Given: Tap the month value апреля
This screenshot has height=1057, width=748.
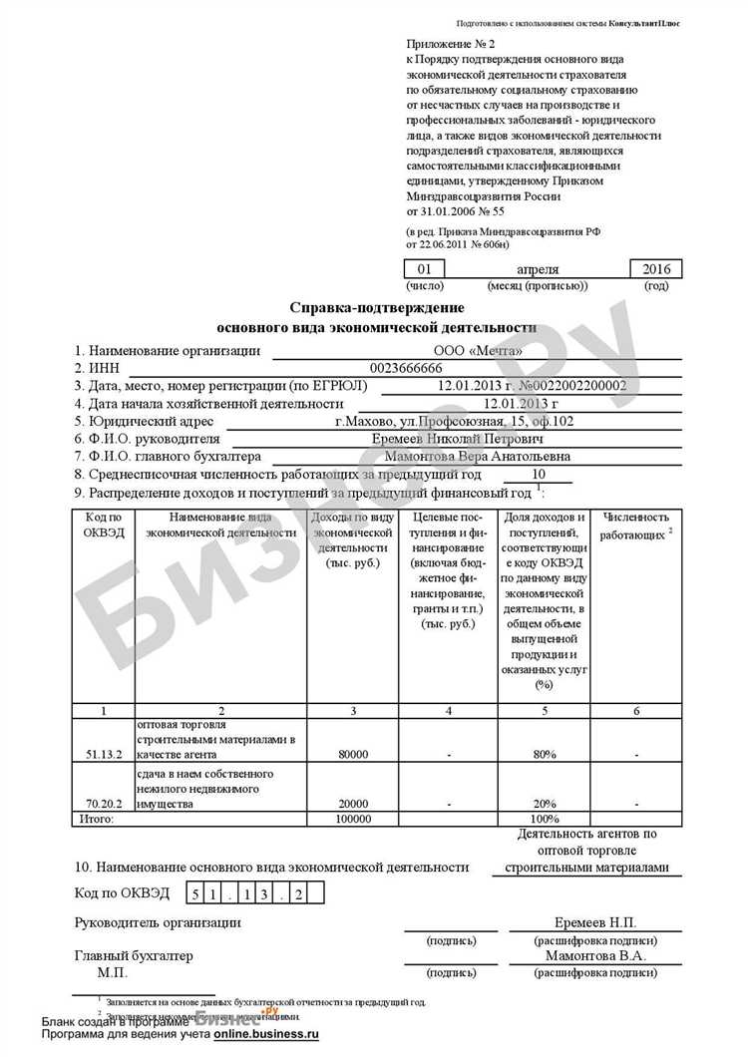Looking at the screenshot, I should [x=538, y=269].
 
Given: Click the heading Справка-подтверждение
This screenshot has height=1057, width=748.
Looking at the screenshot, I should [x=376, y=308].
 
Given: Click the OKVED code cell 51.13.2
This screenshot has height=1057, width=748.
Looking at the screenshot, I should [x=103, y=755].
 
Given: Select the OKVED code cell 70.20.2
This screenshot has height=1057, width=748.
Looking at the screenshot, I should [x=103, y=803].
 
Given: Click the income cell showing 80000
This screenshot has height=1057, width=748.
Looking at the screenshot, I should [x=354, y=755].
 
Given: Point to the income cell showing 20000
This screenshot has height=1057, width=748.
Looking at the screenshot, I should [x=354, y=803].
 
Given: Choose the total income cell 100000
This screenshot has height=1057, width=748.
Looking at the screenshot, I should [x=354, y=819].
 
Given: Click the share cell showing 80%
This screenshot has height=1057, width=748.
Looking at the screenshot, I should [x=544, y=755].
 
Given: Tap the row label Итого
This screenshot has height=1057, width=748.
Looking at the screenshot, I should [x=96, y=819].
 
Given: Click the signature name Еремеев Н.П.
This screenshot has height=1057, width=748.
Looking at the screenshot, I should [x=595, y=923].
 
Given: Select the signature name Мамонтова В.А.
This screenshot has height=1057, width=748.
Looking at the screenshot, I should [x=595, y=955].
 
